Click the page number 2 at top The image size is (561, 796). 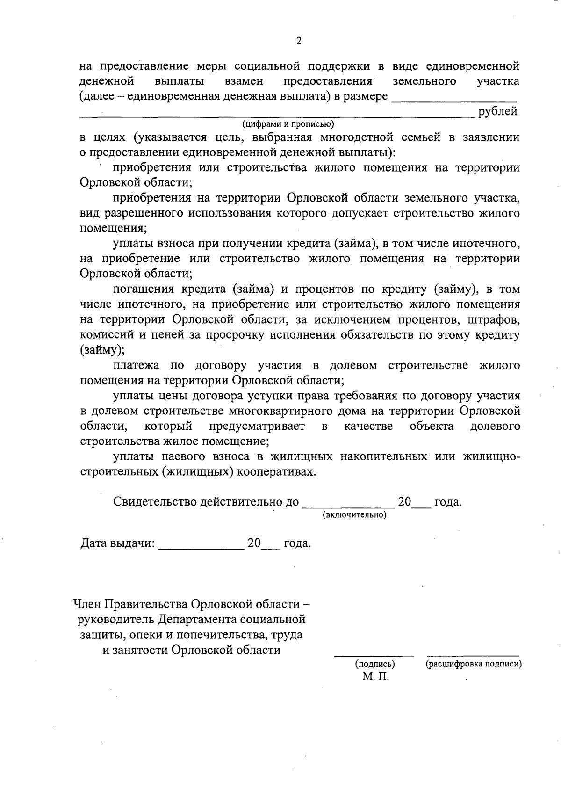pyautogui.click(x=299, y=41)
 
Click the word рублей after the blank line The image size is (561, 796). pyautogui.click(x=498, y=112)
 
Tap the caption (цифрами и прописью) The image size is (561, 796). pyautogui.click(x=288, y=124)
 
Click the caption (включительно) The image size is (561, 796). pyautogui.click(x=354, y=515)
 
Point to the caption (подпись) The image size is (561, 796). pyautogui.click(x=375, y=664)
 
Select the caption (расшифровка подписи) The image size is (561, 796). pyautogui.click(x=474, y=664)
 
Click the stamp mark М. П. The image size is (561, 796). pyautogui.click(x=375, y=676)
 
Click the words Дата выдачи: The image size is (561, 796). pyautogui.click(x=117, y=543)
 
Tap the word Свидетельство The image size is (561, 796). pyautogui.click(x=155, y=502)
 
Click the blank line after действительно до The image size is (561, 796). pyautogui.click(x=348, y=507)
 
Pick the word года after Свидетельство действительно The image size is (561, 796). pyautogui.click(x=448, y=502)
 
